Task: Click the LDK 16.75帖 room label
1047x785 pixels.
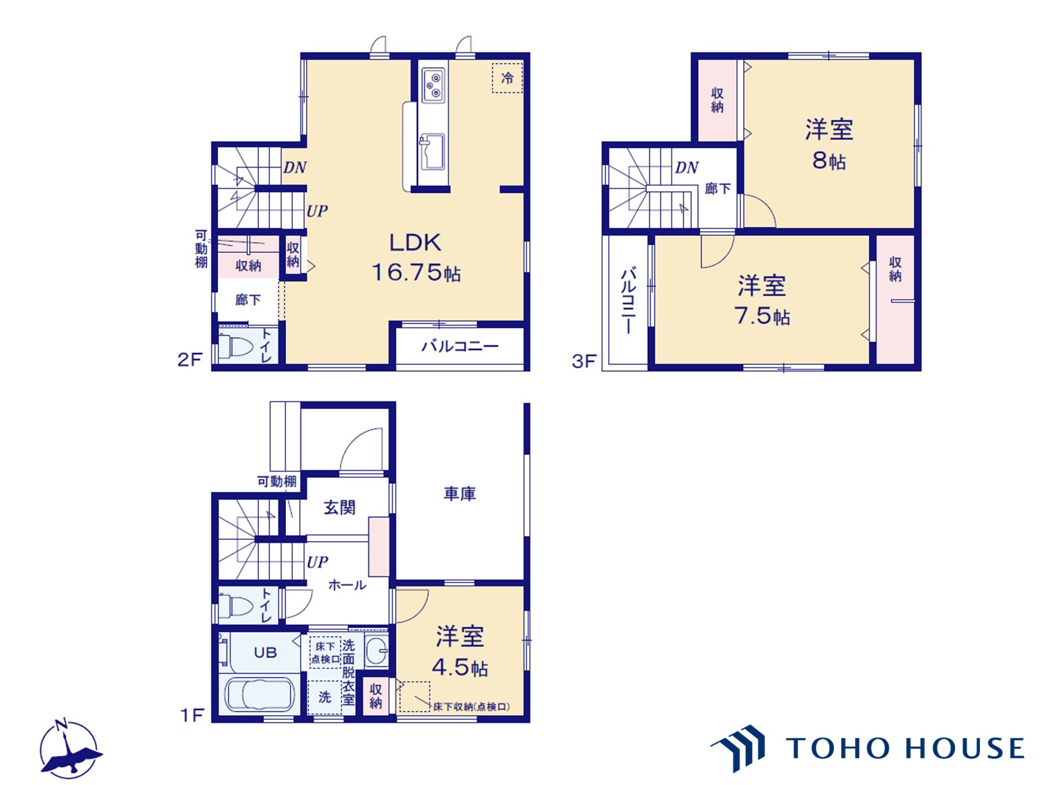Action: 415,258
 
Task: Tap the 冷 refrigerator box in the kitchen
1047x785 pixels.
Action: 508,78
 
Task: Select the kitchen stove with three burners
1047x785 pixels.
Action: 433,86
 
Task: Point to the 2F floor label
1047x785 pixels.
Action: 190,359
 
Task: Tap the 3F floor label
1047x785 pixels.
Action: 584,361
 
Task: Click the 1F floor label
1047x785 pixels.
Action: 192,715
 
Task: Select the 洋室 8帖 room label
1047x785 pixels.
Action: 829,144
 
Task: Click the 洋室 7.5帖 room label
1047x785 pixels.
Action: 762,300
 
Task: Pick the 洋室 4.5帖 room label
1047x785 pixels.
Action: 460,651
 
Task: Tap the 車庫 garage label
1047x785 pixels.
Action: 460,494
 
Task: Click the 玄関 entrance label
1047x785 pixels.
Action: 339,507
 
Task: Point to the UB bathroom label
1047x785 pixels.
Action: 265,652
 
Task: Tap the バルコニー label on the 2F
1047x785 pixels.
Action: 460,346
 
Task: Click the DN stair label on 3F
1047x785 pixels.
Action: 687,168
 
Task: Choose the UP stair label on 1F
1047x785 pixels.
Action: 317,562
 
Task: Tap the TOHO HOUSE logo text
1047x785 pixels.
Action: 904,748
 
